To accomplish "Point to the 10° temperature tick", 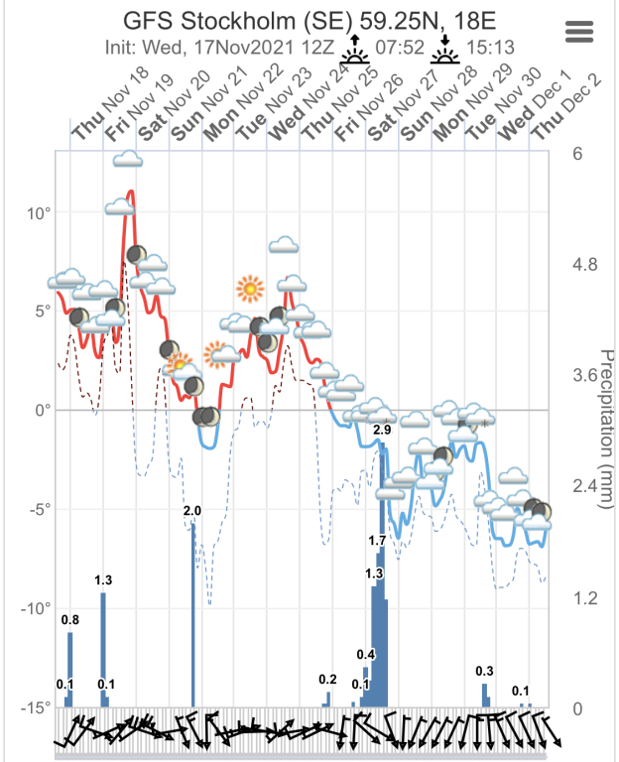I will click(37, 212).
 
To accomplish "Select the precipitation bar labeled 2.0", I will click(193, 615).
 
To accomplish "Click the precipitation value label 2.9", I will click(382, 431).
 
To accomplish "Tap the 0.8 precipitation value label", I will click(70, 621).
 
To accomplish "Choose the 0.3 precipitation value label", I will click(485, 672).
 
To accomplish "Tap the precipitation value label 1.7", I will click(377, 541).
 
